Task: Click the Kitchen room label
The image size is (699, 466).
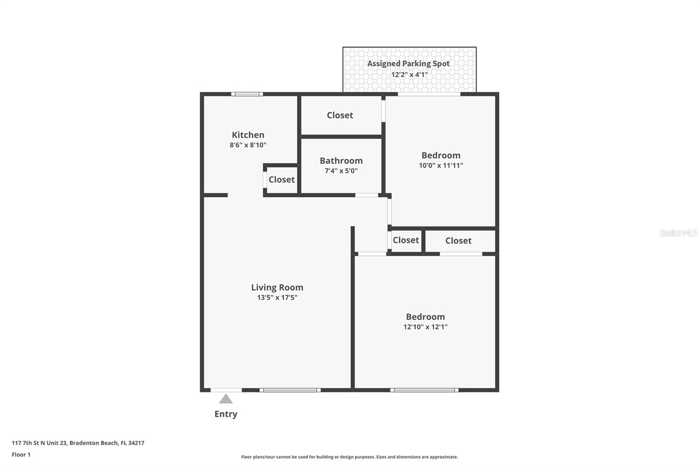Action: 248,135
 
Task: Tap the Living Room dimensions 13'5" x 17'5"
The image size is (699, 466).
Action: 277,298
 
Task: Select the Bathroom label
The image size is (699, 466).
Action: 341,161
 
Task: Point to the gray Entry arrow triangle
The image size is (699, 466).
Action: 225,399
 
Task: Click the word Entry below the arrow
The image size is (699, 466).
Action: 225,414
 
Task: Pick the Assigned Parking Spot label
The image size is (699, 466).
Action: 408,64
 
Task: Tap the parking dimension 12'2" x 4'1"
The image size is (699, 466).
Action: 409,75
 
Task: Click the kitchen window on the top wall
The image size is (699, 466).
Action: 247,94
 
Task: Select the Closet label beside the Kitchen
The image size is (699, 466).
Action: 281,180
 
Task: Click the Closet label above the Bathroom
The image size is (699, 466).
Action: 339,115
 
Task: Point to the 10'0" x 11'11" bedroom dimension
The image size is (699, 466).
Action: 440,166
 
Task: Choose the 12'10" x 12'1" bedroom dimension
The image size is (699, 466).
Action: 425,327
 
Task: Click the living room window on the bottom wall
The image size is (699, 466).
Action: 290,390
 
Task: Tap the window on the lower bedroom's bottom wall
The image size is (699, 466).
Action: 424,390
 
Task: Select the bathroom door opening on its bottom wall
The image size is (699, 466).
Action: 366,195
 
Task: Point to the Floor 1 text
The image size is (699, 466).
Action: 21,455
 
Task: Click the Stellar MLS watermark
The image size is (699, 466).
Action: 678,233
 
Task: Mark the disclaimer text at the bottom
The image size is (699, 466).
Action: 349,457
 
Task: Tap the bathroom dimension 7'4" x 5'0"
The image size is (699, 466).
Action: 341,171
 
